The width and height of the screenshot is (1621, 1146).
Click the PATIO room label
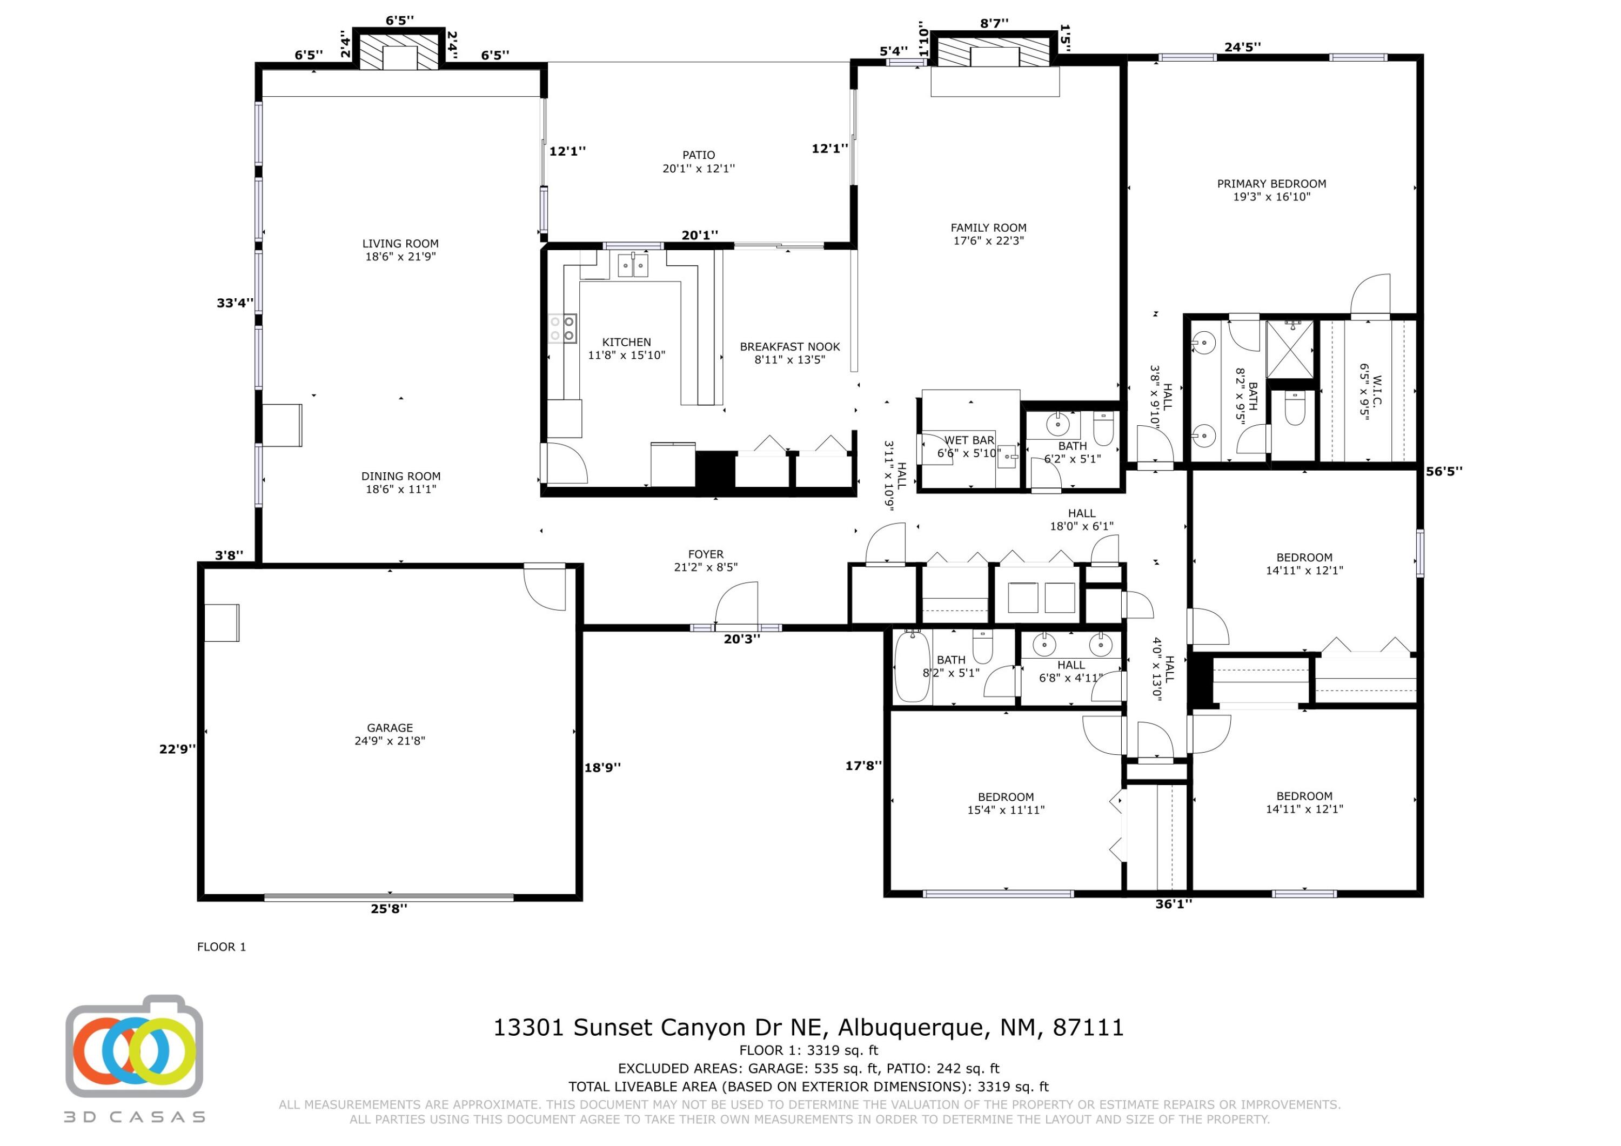click(698, 162)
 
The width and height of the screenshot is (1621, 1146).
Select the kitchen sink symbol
click(633, 265)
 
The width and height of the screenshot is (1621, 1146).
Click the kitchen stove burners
click(562, 329)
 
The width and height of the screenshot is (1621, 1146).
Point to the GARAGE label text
click(390, 734)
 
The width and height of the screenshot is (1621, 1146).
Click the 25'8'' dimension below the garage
click(389, 909)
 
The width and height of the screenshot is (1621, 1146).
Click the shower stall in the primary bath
click(1289, 349)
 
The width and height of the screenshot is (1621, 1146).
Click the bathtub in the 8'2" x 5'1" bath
click(912, 667)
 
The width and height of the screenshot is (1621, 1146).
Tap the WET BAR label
click(969, 440)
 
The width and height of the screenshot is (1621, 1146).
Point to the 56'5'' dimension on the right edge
click(1444, 471)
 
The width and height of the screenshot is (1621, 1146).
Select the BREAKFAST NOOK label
click(789, 353)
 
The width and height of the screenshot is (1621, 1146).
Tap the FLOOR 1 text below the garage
click(221, 947)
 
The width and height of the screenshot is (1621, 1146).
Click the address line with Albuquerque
click(808, 1027)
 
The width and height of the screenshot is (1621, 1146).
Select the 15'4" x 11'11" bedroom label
click(1006, 803)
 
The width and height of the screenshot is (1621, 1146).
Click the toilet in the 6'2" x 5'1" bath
click(1103, 426)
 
